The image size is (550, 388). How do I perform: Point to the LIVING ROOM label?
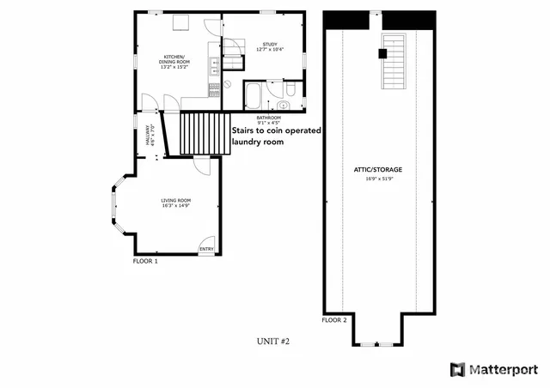(x=174, y=200)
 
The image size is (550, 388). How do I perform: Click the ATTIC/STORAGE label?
(x=378, y=169)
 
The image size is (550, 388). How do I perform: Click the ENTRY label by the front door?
(x=206, y=249)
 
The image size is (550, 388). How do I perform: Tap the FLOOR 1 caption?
(x=145, y=260)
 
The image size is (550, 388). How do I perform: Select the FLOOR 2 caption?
(x=334, y=320)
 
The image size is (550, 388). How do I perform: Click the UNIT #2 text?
(x=273, y=341)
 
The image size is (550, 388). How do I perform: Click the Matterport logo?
(x=494, y=370)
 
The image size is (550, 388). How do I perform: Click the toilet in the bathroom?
(x=290, y=89)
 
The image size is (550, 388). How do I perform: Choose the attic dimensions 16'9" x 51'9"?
(x=378, y=179)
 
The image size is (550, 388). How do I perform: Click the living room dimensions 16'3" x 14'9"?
(x=174, y=207)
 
